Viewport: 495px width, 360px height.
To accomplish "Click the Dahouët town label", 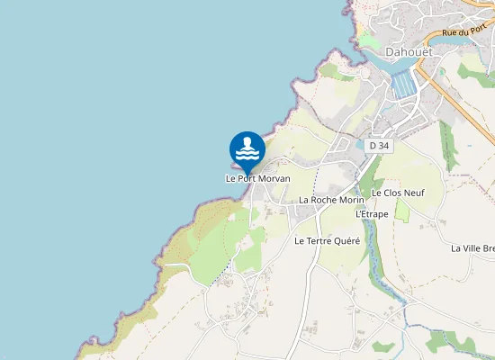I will tap(409, 51).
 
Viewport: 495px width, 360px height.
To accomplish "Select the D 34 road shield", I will tap(379, 145).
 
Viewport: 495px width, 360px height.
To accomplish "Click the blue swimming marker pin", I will tap(247, 150).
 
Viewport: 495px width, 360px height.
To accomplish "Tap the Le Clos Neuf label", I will tap(397, 193).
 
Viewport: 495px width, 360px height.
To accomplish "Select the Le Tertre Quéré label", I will tap(327, 241).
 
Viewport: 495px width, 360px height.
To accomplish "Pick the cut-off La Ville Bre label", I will tap(472, 247).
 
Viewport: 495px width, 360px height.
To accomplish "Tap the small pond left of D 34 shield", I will tap(354, 142).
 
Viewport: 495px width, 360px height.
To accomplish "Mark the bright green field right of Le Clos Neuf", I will tap(402, 211).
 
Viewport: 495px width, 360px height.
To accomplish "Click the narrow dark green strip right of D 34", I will tap(446, 144).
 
